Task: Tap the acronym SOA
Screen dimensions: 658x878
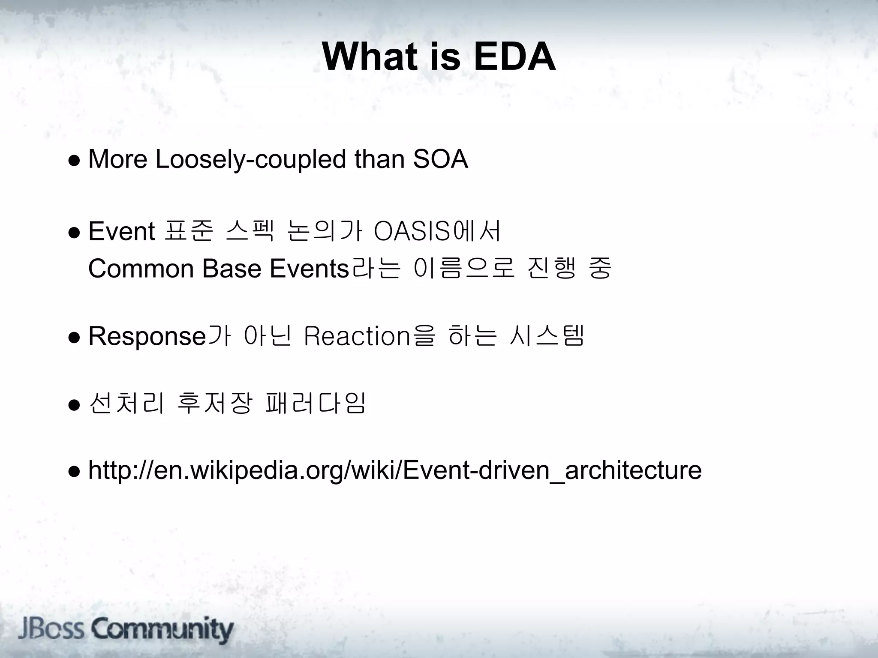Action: [440, 159]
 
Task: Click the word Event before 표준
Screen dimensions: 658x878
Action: [121, 231]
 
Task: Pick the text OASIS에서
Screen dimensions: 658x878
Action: [437, 231]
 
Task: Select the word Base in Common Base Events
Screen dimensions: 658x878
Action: [232, 269]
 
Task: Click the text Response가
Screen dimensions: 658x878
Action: [159, 336]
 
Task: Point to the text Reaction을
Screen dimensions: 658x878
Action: [369, 336]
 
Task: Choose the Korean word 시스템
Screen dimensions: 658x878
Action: [546, 336]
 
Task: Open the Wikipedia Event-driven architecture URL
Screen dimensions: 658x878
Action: [394, 470]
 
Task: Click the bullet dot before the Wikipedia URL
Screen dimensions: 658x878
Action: [74, 472]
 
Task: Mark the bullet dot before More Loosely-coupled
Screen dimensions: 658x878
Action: [74, 161]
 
